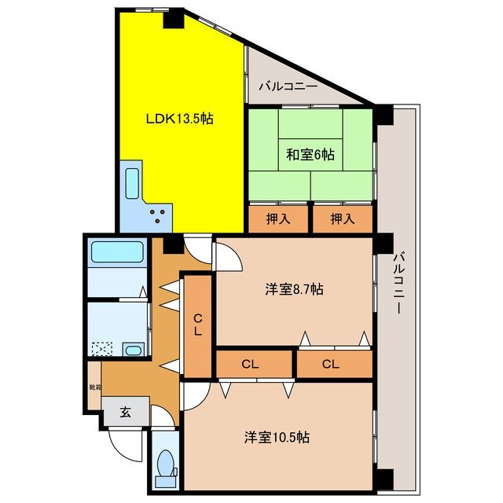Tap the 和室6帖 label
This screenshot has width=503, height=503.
310,155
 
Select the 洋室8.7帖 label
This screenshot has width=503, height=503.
292,289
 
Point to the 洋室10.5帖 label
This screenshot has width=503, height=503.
275,436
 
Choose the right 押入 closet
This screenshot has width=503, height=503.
340,218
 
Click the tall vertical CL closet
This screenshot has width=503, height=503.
199,324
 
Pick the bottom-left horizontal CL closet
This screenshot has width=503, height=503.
251,364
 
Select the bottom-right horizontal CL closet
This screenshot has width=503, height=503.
332,364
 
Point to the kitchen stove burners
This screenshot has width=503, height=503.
160,214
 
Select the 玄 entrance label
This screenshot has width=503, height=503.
126,410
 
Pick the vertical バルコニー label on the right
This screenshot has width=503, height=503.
398,283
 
